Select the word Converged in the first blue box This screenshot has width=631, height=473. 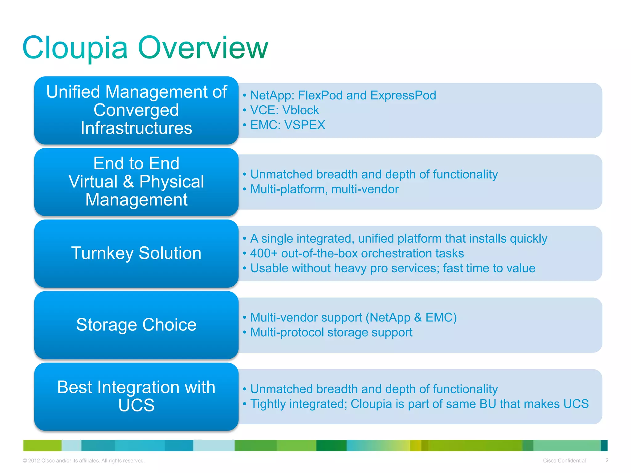(x=136, y=110)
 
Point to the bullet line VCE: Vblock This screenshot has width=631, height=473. (x=284, y=110)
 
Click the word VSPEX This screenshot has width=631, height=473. (x=304, y=125)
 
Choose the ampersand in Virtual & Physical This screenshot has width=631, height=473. (x=128, y=181)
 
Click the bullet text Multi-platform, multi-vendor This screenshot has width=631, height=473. (x=324, y=189)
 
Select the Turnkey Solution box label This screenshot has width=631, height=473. (x=136, y=253)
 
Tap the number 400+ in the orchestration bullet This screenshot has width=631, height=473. (x=264, y=253)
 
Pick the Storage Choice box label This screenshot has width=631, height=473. (x=136, y=325)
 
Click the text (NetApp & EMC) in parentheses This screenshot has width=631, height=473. (x=411, y=317)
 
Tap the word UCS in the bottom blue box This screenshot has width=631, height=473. (x=136, y=405)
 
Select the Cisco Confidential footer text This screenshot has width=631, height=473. (x=564, y=461)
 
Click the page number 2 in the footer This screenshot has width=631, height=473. (x=607, y=460)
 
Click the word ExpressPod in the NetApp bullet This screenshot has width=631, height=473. (x=403, y=95)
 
